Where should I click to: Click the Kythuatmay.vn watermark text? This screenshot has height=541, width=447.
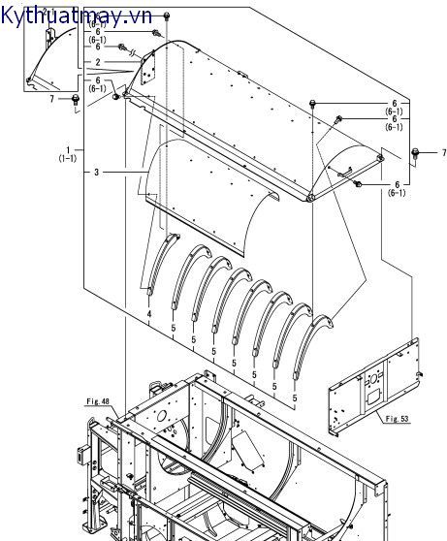76,16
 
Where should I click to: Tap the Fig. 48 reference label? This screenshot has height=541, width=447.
98,401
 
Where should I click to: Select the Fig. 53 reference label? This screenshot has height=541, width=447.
397,419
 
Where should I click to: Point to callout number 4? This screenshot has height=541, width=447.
149,314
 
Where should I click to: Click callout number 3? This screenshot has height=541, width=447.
97,172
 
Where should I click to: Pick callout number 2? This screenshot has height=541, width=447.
98,62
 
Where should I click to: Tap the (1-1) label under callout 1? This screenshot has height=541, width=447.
68,158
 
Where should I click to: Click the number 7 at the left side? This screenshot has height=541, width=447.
51,99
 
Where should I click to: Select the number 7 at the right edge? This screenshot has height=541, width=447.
443,152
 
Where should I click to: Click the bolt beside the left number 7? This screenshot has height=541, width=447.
76,101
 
